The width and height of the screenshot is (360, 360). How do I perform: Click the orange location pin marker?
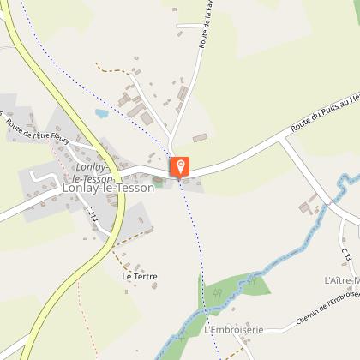(x=180, y=165)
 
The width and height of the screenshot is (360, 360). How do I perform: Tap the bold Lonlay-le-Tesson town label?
(x=108, y=188)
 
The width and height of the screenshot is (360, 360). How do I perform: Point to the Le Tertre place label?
(x=139, y=277)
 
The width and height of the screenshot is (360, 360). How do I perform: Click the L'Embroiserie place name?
(x=234, y=329)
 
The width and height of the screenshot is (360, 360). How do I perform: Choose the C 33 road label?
(x=346, y=255)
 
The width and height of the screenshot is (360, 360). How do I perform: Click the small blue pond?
(x=102, y=112)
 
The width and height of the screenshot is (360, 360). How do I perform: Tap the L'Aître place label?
(x=342, y=280)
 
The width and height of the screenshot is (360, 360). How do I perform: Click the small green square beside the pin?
(x=158, y=181)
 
